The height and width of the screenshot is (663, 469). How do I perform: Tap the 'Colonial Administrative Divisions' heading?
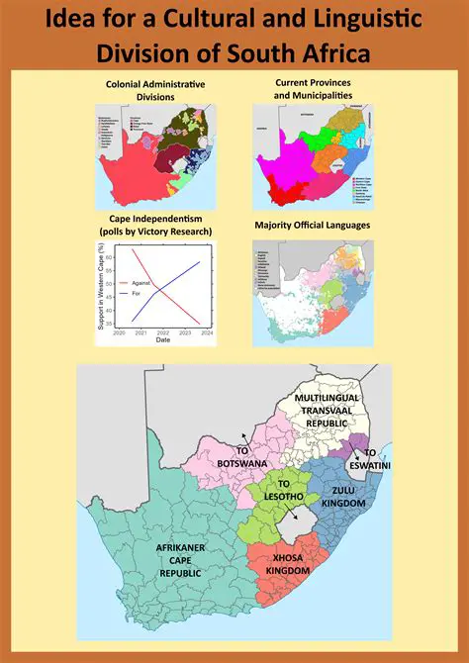point(155,90)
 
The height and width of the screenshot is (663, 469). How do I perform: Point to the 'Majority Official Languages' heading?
point(312,226)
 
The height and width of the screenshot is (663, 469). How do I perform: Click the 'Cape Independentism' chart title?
point(155,225)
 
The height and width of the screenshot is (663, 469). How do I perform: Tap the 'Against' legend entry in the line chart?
point(151,283)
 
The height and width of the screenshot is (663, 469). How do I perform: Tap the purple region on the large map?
point(354,443)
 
